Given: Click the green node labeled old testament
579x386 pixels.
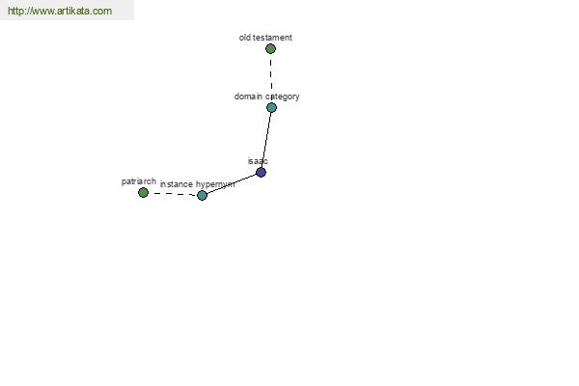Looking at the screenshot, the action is tap(270, 49).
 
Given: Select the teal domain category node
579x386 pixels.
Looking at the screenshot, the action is tap(271, 107).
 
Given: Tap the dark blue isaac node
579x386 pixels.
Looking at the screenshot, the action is tap(261, 172).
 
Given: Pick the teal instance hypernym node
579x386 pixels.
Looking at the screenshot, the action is tap(202, 195).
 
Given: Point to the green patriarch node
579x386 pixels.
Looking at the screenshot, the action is tap(143, 192).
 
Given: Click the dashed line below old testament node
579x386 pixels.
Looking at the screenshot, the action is tap(271, 75).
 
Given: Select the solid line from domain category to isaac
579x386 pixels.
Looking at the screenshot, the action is tap(266, 140).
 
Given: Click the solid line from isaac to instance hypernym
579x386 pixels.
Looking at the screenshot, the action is tap(232, 183).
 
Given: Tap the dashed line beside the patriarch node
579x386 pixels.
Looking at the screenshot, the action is tap(173, 194).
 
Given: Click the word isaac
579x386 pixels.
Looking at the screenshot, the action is tap(258, 161).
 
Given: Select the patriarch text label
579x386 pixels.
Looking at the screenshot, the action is tap(139, 181).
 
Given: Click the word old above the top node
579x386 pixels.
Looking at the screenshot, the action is tap(245, 38).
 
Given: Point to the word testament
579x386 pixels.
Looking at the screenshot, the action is tap(272, 38).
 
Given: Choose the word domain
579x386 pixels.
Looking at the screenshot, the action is tap(248, 96).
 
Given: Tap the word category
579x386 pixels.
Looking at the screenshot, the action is tap(282, 96).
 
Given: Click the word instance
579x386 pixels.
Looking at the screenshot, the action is tap(177, 184).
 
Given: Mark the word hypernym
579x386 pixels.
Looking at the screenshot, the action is tap(215, 184).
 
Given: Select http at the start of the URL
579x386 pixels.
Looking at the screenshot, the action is tap(15, 11).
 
